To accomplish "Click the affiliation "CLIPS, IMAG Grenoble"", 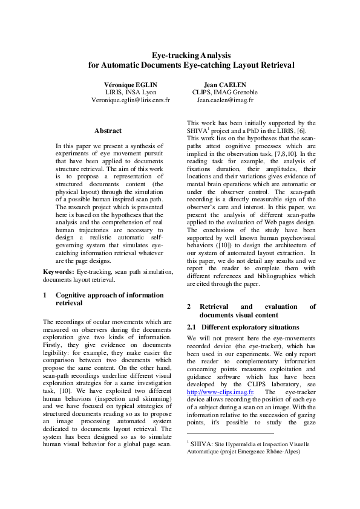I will point(224,92).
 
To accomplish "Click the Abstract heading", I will point(108,131).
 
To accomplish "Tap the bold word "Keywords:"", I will point(59,272).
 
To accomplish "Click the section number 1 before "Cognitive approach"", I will point(45,295).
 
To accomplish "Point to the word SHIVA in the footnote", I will point(203,444).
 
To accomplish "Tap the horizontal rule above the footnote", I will point(230,433).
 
